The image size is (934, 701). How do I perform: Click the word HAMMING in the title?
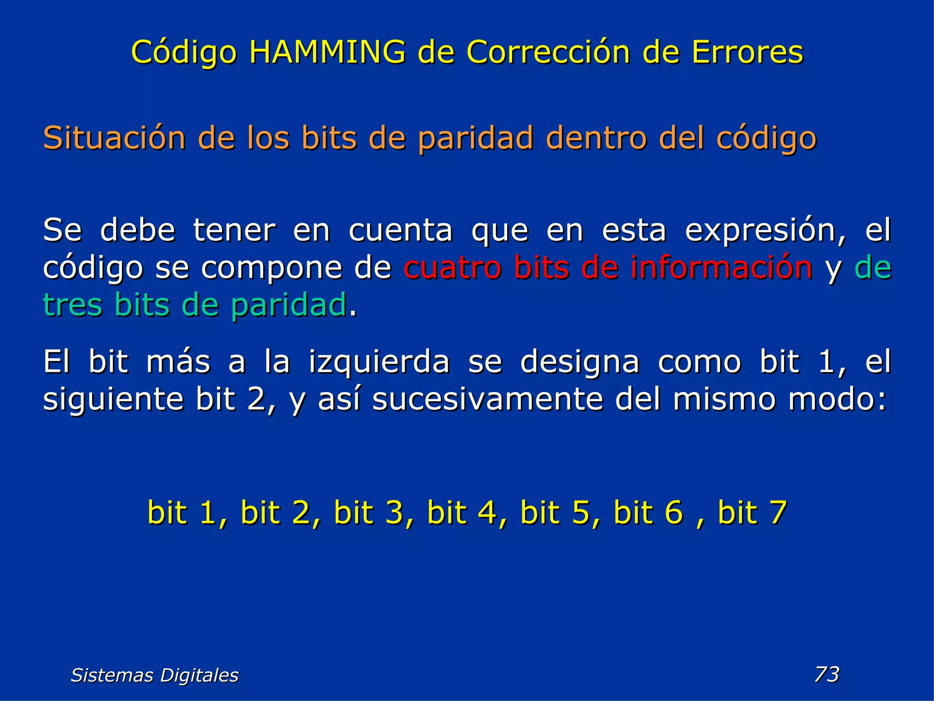(x=327, y=52)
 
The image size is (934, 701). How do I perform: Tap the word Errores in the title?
(x=747, y=52)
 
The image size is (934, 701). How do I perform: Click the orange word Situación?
(x=114, y=138)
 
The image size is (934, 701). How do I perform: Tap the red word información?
(x=721, y=267)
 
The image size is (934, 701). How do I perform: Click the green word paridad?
(x=289, y=306)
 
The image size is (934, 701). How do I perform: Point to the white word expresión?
(x=764, y=231)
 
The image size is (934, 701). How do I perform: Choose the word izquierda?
(x=379, y=361)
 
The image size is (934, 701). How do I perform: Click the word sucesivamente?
(x=488, y=400)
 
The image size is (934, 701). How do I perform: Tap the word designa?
(x=580, y=362)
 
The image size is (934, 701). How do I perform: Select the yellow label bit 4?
(x=462, y=513)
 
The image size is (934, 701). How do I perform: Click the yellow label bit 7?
(x=752, y=513)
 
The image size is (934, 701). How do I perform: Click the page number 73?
(x=826, y=675)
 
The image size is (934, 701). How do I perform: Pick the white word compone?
(x=271, y=268)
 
